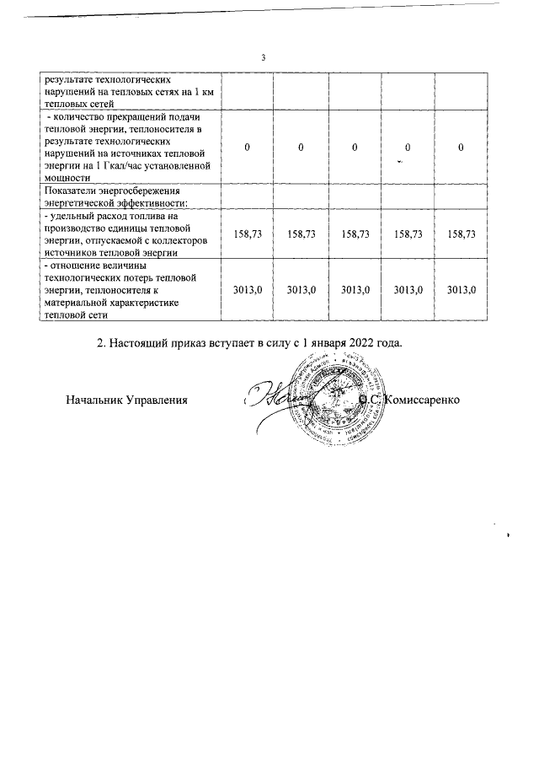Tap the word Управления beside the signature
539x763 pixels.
(x=158, y=397)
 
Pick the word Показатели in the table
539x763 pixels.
(x=72, y=191)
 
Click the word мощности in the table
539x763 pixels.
(x=67, y=178)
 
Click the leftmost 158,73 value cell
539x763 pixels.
(x=248, y=234)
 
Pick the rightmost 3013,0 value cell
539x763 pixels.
(x=461, y=289)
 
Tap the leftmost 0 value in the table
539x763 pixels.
(x=248, y=148)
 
